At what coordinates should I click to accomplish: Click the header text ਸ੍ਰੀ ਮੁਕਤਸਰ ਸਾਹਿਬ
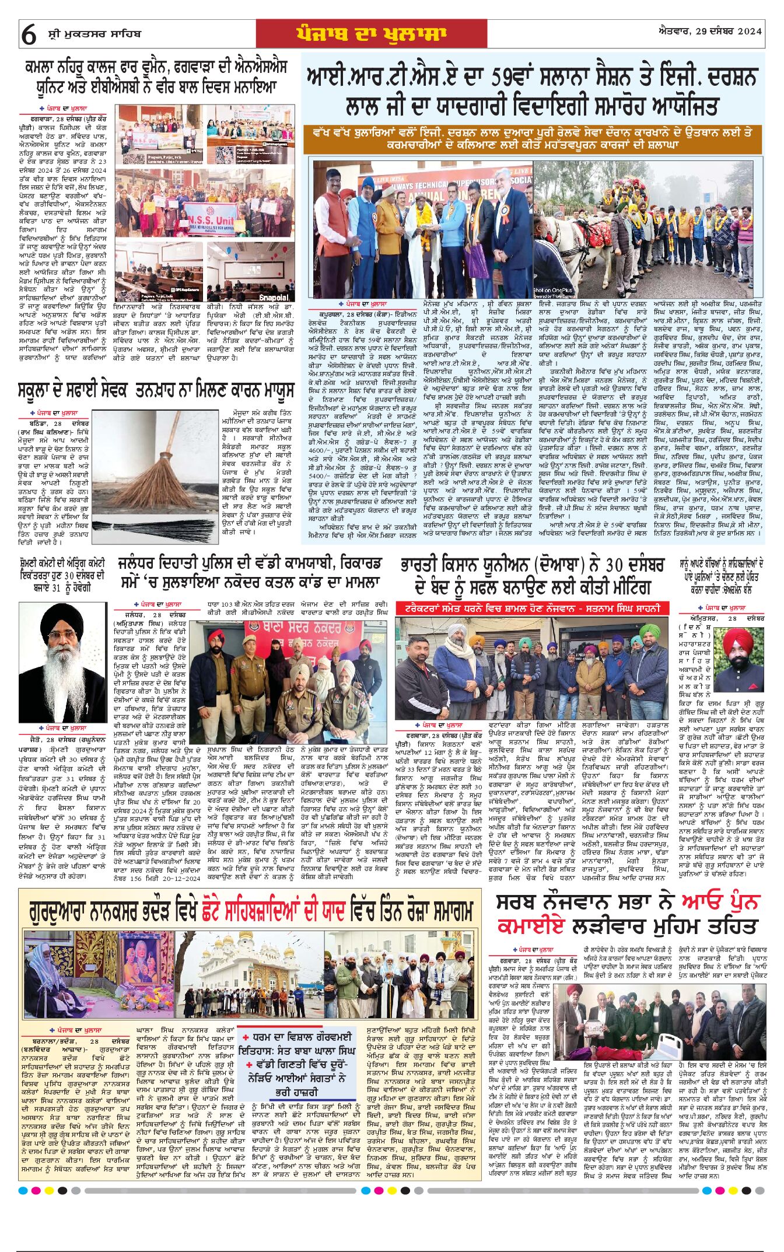point(94,34)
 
